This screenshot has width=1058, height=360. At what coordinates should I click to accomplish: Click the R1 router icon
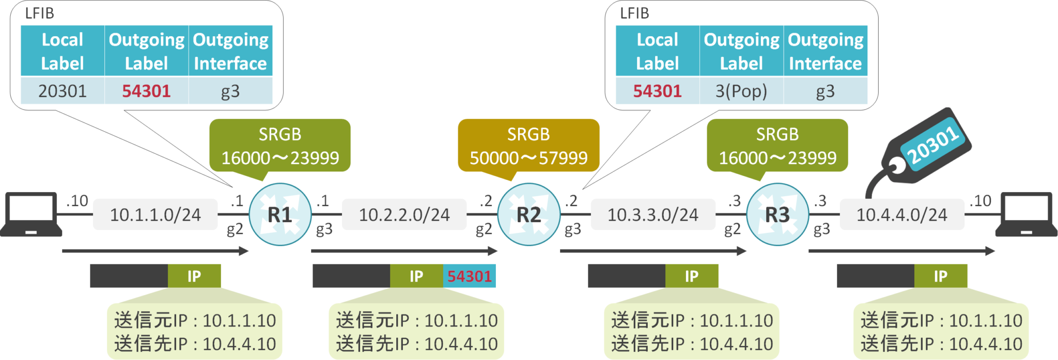click(280, 214)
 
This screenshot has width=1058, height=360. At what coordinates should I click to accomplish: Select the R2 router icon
click(528, 214)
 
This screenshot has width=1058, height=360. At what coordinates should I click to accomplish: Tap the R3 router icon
click(777, 214)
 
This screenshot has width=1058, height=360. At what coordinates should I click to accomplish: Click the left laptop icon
click(31, 214)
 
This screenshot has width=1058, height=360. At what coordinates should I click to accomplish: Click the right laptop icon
click(1026, 214)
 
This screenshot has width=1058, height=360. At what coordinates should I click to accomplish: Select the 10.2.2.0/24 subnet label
click(404, 214)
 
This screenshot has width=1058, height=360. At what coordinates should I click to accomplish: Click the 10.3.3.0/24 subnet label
click(652, 214)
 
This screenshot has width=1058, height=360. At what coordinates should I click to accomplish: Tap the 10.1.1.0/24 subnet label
click(155, 214)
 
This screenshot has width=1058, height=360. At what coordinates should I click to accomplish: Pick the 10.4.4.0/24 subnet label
click(901, 214)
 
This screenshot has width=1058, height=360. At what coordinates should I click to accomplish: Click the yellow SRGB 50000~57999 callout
click(528, 146)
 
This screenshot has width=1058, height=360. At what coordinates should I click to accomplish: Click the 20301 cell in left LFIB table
click(63, 91)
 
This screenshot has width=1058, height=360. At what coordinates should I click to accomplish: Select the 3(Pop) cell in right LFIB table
click(741, 91)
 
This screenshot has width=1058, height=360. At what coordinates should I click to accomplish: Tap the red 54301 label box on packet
click(469, 276)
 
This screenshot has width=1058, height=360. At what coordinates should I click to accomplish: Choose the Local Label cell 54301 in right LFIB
click(657, 91)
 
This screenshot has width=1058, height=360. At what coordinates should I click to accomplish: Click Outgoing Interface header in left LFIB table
click(230, 51)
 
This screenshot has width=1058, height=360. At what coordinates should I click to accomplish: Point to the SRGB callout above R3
click(777, 146)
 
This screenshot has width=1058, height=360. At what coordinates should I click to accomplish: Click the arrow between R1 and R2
click(404, 251)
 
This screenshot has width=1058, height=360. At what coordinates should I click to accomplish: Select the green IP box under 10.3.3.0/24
click(691, 276)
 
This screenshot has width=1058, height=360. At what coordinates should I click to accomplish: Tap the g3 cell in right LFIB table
click(825, 91)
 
